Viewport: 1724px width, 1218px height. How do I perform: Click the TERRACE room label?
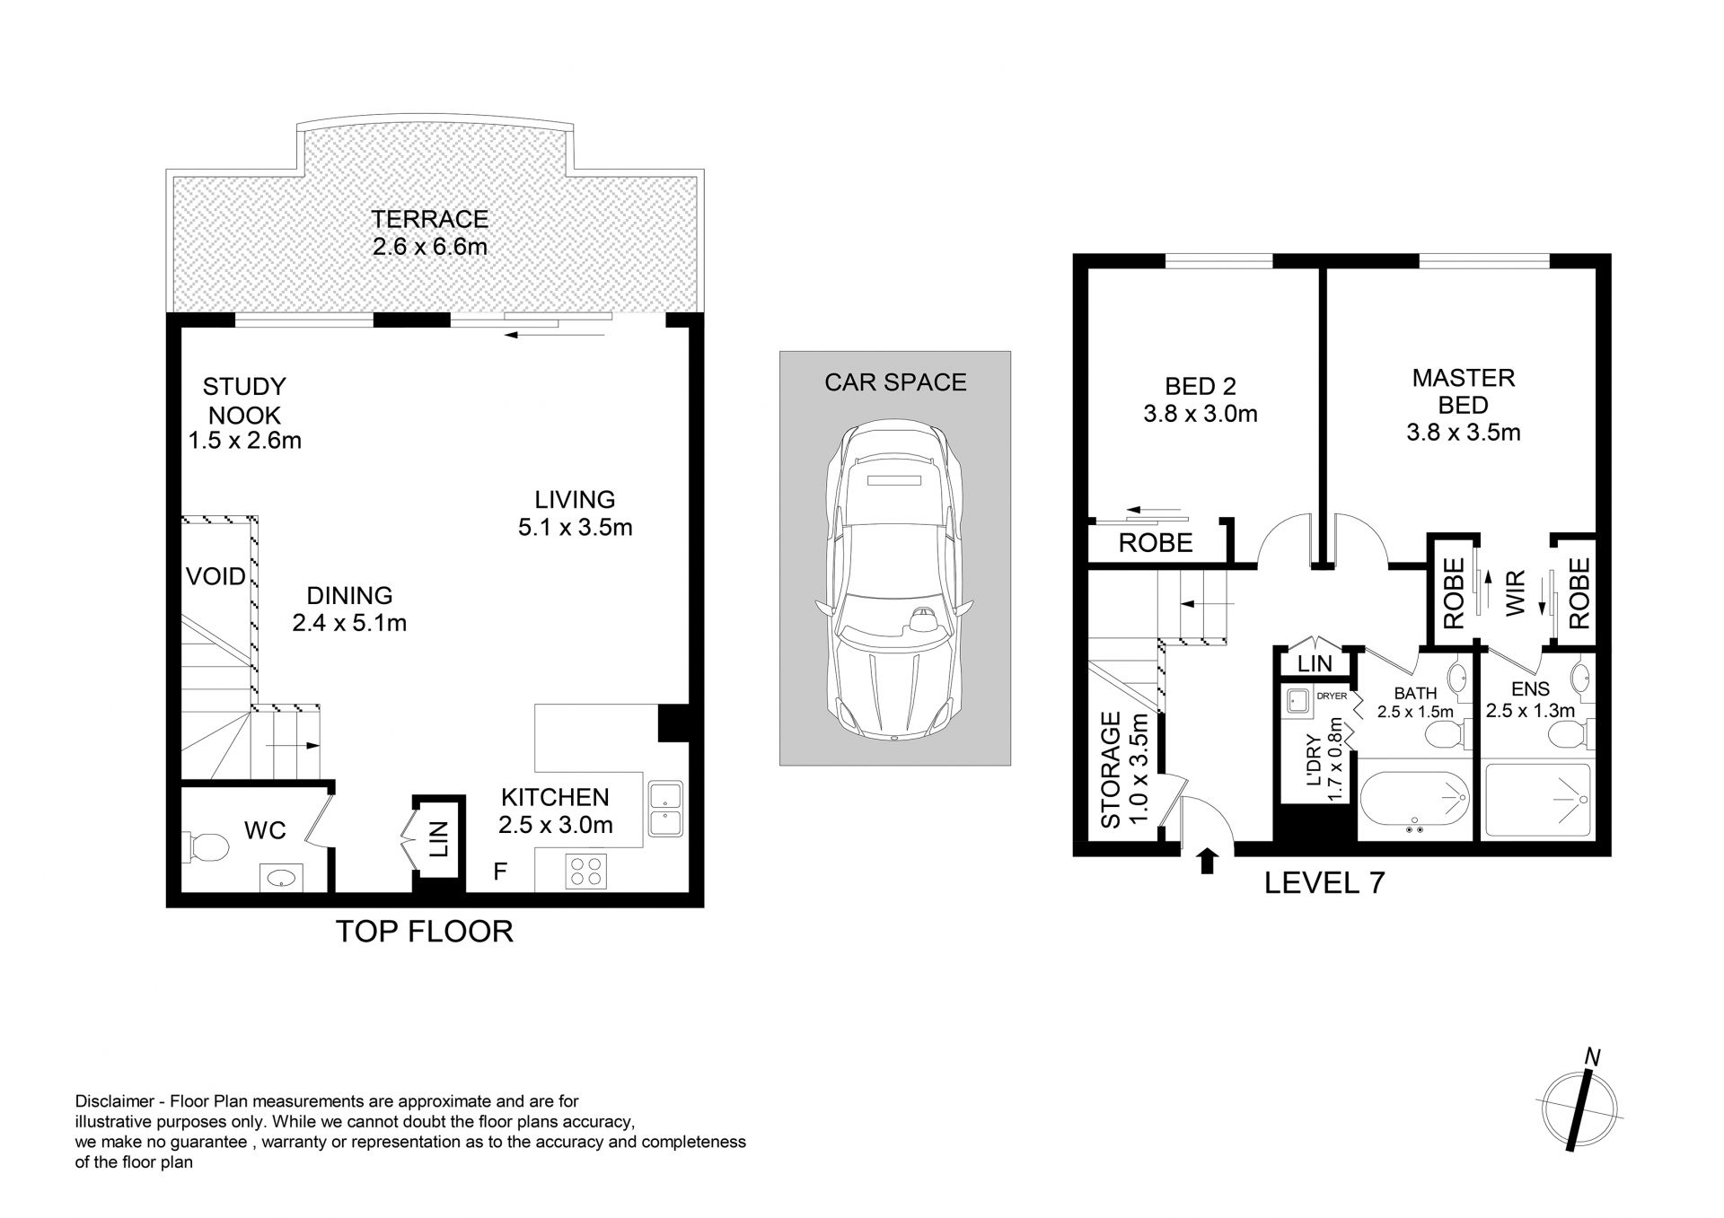tap(430, 219)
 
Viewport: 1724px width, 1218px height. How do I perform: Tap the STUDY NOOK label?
tap(243, 400)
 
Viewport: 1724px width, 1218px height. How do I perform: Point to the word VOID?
tap(215, 576)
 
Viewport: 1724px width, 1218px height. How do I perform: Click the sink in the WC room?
tap(281, 878)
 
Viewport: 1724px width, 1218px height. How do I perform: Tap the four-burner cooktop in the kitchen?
tap(586, 872)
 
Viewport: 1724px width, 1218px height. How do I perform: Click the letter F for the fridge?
tap(500, 871)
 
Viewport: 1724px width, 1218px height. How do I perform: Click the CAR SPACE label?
tap(895, 382)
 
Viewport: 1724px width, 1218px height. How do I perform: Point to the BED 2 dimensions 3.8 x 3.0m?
tap(1201, 414)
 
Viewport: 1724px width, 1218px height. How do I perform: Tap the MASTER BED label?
tap(1464, 390)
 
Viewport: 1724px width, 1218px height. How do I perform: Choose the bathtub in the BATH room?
tap(1414, 799)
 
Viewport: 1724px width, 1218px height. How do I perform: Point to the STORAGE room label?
tap(1111, 769)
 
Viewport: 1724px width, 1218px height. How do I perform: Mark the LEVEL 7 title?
tap(1324, 883)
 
